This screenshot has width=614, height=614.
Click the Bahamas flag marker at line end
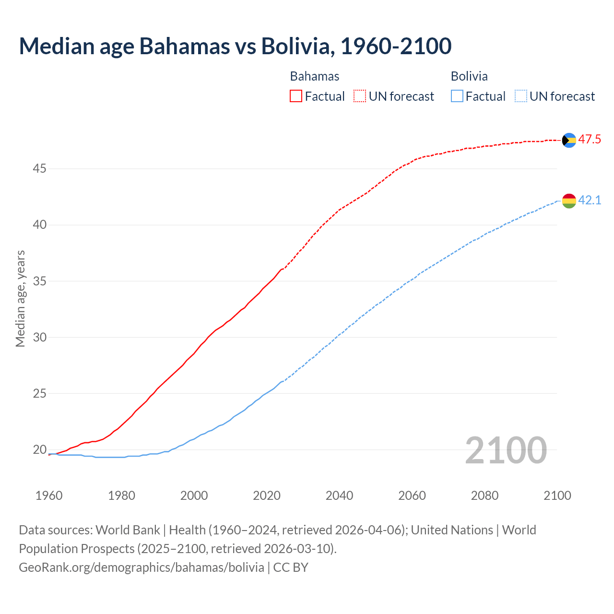569,140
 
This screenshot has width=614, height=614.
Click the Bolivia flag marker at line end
569,201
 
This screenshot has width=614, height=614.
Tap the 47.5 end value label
590,140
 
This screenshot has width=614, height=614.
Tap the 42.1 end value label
590,200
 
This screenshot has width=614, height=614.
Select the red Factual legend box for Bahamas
296,96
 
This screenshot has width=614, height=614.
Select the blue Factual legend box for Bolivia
457,96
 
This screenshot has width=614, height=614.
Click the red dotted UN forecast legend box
360,96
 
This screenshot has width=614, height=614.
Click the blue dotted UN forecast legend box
520,96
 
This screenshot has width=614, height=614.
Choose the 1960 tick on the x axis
49,496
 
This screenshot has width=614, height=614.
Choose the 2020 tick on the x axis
267,496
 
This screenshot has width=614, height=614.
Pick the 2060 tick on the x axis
412,496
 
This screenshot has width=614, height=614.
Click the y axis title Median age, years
20,298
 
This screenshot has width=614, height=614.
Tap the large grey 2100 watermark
506,450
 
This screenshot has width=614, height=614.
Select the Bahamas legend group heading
315,76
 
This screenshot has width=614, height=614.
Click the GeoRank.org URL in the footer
142,567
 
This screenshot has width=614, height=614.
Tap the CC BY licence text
291,567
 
